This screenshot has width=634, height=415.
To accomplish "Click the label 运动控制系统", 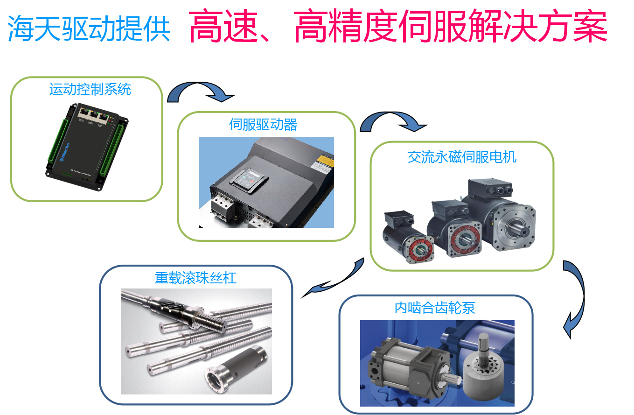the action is tap(90, 89).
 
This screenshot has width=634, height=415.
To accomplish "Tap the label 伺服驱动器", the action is tap(263, 125).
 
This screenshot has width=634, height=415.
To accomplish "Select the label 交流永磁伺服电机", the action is tap(462, 157).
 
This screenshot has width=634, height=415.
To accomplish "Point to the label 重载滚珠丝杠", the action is tap(195, 278).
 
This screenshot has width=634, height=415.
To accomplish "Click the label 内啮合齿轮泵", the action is tap(435, 308).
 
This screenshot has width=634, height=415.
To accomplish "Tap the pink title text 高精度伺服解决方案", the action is tap(451, 26).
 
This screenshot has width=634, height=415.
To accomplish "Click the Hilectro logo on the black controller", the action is tap(65, 152).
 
